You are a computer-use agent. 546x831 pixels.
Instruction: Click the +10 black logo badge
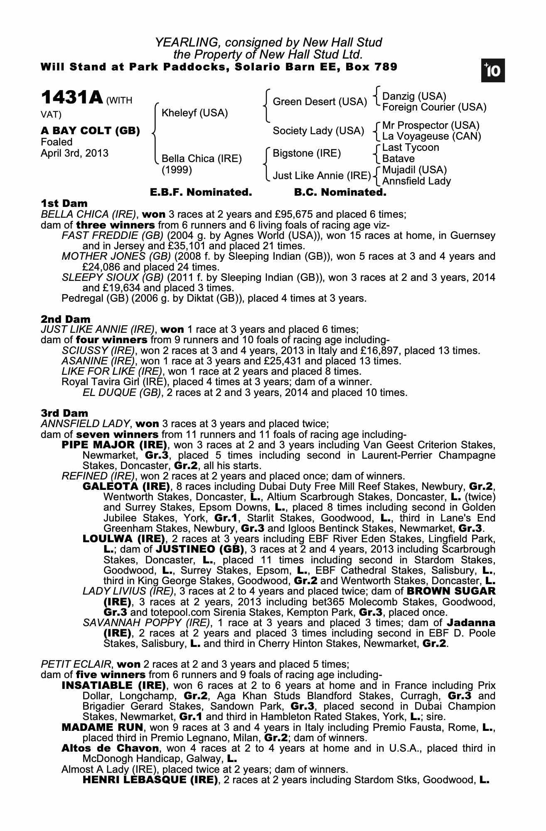pos(492,71)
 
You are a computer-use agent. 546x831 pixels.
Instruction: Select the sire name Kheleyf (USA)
pos(194,113)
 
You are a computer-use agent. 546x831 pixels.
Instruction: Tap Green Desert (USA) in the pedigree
pos(320,102)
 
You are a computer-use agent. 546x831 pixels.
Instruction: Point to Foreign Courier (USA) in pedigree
pos(434,107)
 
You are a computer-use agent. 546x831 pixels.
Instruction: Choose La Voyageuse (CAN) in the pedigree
pos(431,136)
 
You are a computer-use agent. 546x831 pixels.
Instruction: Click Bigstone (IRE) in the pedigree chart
pos(307,153)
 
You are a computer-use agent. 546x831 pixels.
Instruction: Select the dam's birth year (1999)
pos(177,170)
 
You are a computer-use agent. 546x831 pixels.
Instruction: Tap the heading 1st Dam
pos(64,204)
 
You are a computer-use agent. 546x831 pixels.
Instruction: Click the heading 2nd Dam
pos(65,319)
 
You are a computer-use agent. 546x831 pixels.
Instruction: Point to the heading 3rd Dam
pos(64,413)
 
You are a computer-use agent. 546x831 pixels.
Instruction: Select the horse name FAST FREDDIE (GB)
pos(113,236)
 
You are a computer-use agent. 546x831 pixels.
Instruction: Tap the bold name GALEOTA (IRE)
pos(127,486)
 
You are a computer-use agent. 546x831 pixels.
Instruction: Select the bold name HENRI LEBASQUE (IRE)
pos(150,780)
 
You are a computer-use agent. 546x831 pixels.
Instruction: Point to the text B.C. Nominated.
pos(340,192)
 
